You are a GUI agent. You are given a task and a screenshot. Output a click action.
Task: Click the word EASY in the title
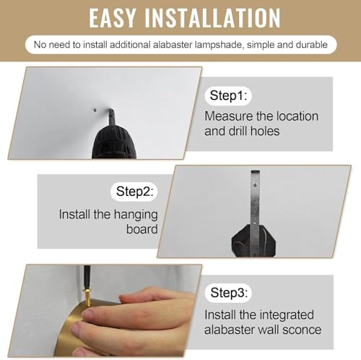pyautogui.click(x=112, y=18)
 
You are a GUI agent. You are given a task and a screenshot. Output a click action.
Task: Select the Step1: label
pyautogui.click(x=228, y=95)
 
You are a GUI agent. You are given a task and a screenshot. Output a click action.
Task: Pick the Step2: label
pyautogui.click(x=134, y=192)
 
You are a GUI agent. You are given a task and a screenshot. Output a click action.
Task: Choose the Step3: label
pyautogui.click(x=229, y=293)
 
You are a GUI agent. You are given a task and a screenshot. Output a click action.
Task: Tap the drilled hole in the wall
pyautogui.click(x=95, y=110)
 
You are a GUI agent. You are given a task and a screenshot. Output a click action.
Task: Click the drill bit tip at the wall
pyautogui.click(x=110, y=110)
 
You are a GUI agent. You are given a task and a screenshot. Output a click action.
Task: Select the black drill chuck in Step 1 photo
pyautogui.click(x=114, y=142)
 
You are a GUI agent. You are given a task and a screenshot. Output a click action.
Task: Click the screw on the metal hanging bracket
pyautogui.click(x=255, y=185)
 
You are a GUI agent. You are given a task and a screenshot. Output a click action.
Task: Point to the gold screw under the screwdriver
pyautogui.click(x=87, y=298)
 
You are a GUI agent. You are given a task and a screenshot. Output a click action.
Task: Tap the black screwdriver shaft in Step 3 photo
pyautogui.click(x=85, y=277)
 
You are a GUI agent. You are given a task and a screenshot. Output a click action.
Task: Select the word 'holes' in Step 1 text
pyautogui.click(x=265, y=132)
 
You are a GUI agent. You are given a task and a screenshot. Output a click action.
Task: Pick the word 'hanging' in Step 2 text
pyautogui.click(x=136, y=215)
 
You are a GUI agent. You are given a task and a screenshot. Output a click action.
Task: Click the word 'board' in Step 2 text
pyautogui.click(x=142, y=229)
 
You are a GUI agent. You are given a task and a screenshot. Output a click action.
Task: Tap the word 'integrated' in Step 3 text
pyautogui.click(x=287, y=315)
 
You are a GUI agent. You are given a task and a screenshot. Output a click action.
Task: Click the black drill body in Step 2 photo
pyautogui.click(x=253, y=241)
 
